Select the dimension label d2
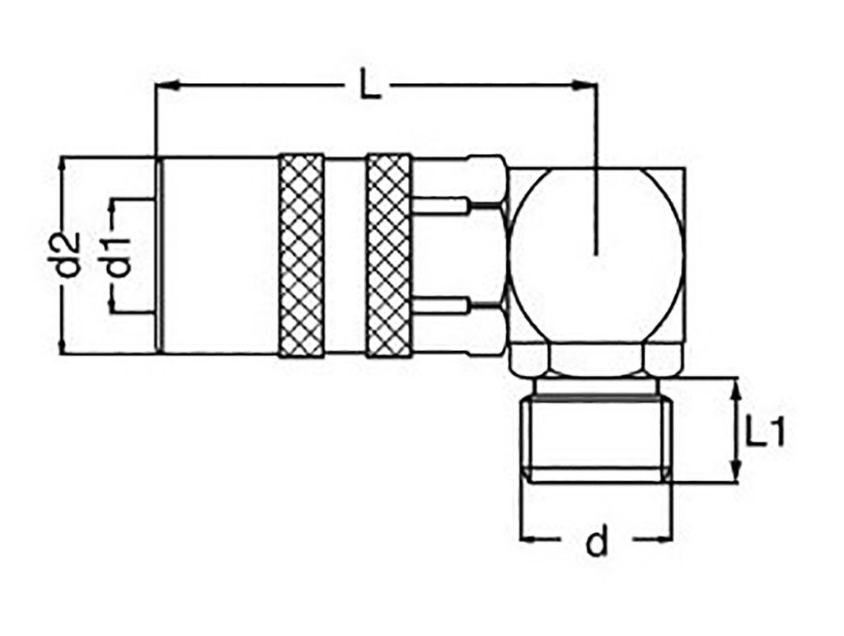pos(72,255)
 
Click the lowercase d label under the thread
pos(596,541)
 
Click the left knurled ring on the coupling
pos(301,255)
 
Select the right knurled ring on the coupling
pos(388,255)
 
